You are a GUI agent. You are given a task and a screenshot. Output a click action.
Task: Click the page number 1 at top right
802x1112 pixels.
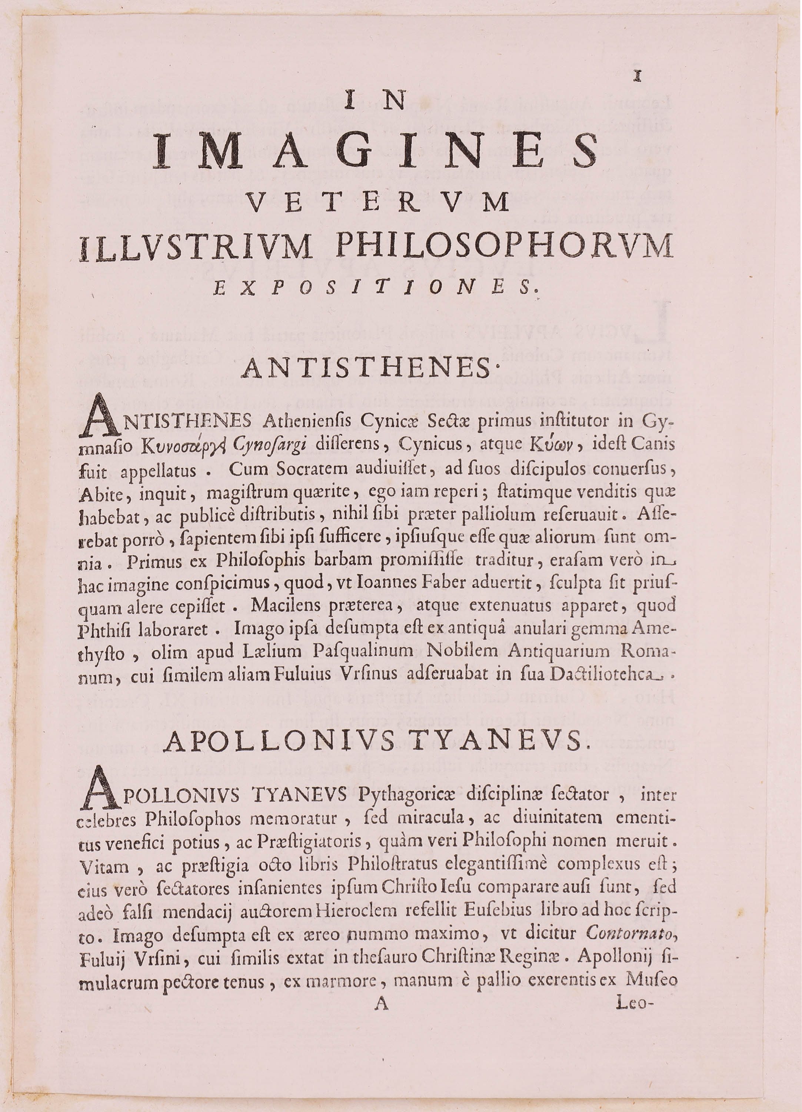(637, 76)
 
